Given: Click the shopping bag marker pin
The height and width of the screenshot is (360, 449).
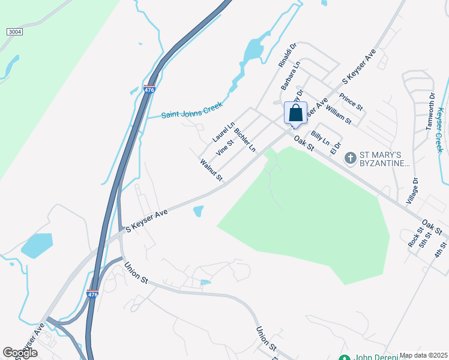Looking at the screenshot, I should [295, 113].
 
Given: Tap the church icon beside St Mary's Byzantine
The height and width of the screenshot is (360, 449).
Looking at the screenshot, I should [351, 158].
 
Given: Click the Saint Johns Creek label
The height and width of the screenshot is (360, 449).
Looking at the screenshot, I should [192, 110].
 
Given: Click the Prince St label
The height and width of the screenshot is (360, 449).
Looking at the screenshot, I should [351, 102].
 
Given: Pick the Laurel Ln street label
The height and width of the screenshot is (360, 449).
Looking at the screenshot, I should [223, 131].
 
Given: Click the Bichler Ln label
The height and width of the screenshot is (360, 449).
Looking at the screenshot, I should [245, 139].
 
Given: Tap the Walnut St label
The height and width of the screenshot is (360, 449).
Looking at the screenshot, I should [211, 170].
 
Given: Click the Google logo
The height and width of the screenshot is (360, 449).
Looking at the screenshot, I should [20, 352].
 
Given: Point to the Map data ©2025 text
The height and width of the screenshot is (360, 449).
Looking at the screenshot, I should [423, 355].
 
